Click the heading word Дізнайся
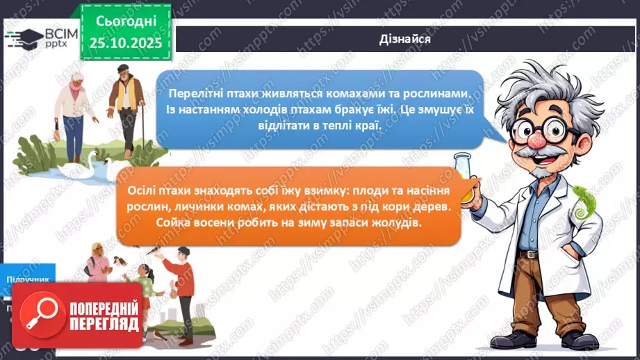pos(406,39)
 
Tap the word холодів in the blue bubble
pos(256,111)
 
